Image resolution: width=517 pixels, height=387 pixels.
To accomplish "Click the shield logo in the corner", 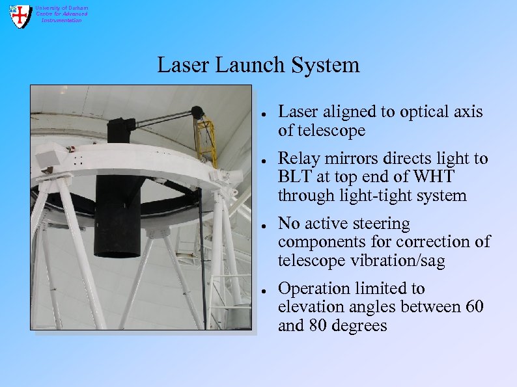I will tap(20, 15).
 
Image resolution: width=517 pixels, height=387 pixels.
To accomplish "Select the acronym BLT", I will tap(295, 177).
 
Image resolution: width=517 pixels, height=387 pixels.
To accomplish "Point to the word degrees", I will tap(361, 326).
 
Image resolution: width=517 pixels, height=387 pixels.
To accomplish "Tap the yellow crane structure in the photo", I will tap(206, 140).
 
